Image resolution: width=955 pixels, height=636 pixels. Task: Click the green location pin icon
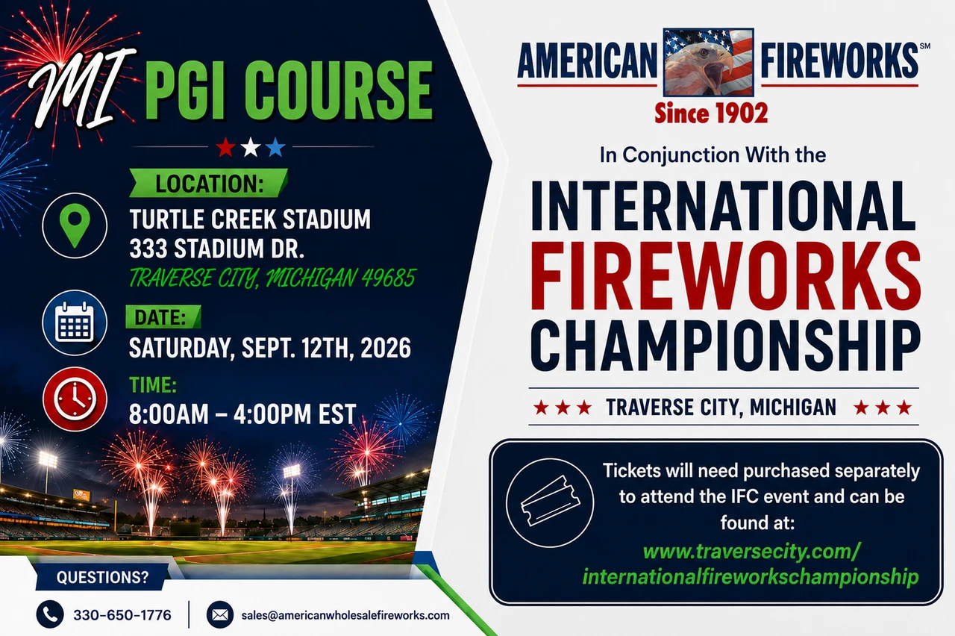coord(75,225)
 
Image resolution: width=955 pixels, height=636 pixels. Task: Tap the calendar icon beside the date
coord(75,322)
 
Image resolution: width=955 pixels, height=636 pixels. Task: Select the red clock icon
coord(75,399)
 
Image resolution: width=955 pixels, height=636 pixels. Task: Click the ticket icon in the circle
coord(550,502)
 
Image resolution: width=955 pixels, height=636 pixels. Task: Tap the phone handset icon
coord(50,614)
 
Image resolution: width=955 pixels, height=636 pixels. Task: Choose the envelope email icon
coord(220,614)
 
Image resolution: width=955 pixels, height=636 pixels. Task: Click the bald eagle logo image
coord(709,62)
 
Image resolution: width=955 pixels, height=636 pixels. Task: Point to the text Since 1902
coord(711,113)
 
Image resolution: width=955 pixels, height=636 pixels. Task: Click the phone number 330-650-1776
coord(122,615)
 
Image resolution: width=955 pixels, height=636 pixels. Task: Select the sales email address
coord(345,616)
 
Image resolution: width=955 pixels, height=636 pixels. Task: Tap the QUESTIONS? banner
coord(102,577)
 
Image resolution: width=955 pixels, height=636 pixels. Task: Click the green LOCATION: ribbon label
coord(208,183)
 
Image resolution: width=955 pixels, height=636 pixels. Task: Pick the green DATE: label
coord(163,317)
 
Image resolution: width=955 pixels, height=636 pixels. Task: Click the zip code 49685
coord(389,278)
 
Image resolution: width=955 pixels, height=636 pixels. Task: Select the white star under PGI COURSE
coord(251,147)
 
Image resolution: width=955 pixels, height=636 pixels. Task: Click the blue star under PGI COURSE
coord(275,147)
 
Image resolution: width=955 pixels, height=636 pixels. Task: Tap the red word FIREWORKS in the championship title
coord(724,275)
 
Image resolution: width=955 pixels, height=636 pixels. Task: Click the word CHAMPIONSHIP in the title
coord(724,346)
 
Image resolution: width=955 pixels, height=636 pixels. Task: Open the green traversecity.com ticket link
coord(751,564)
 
